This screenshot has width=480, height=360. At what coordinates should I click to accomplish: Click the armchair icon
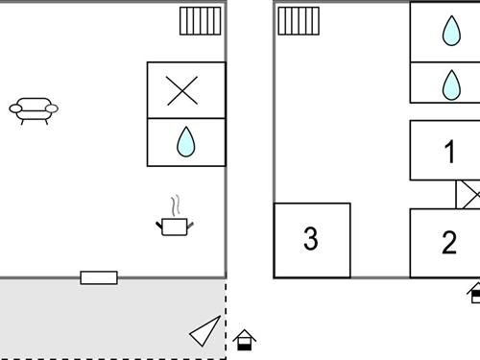34,110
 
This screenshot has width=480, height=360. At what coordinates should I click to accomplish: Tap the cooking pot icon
175,226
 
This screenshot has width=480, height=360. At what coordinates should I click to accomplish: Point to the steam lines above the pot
174,204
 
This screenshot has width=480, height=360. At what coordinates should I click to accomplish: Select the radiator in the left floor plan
201,21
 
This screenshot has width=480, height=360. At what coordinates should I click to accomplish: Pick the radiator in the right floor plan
299,21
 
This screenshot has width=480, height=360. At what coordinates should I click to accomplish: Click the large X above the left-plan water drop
181,90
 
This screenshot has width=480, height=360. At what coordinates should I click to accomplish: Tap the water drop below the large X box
185,143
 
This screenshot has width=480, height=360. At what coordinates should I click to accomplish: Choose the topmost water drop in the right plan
450,33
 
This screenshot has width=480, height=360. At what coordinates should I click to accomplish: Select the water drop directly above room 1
450,84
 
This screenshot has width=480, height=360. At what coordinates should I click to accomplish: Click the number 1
448,152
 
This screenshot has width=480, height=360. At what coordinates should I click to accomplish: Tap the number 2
448,243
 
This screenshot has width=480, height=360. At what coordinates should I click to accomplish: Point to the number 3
310,239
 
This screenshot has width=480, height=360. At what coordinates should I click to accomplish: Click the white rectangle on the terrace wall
99,278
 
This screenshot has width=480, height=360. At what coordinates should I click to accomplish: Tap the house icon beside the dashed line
245,340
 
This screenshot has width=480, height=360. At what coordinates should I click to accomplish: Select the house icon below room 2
474,293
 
